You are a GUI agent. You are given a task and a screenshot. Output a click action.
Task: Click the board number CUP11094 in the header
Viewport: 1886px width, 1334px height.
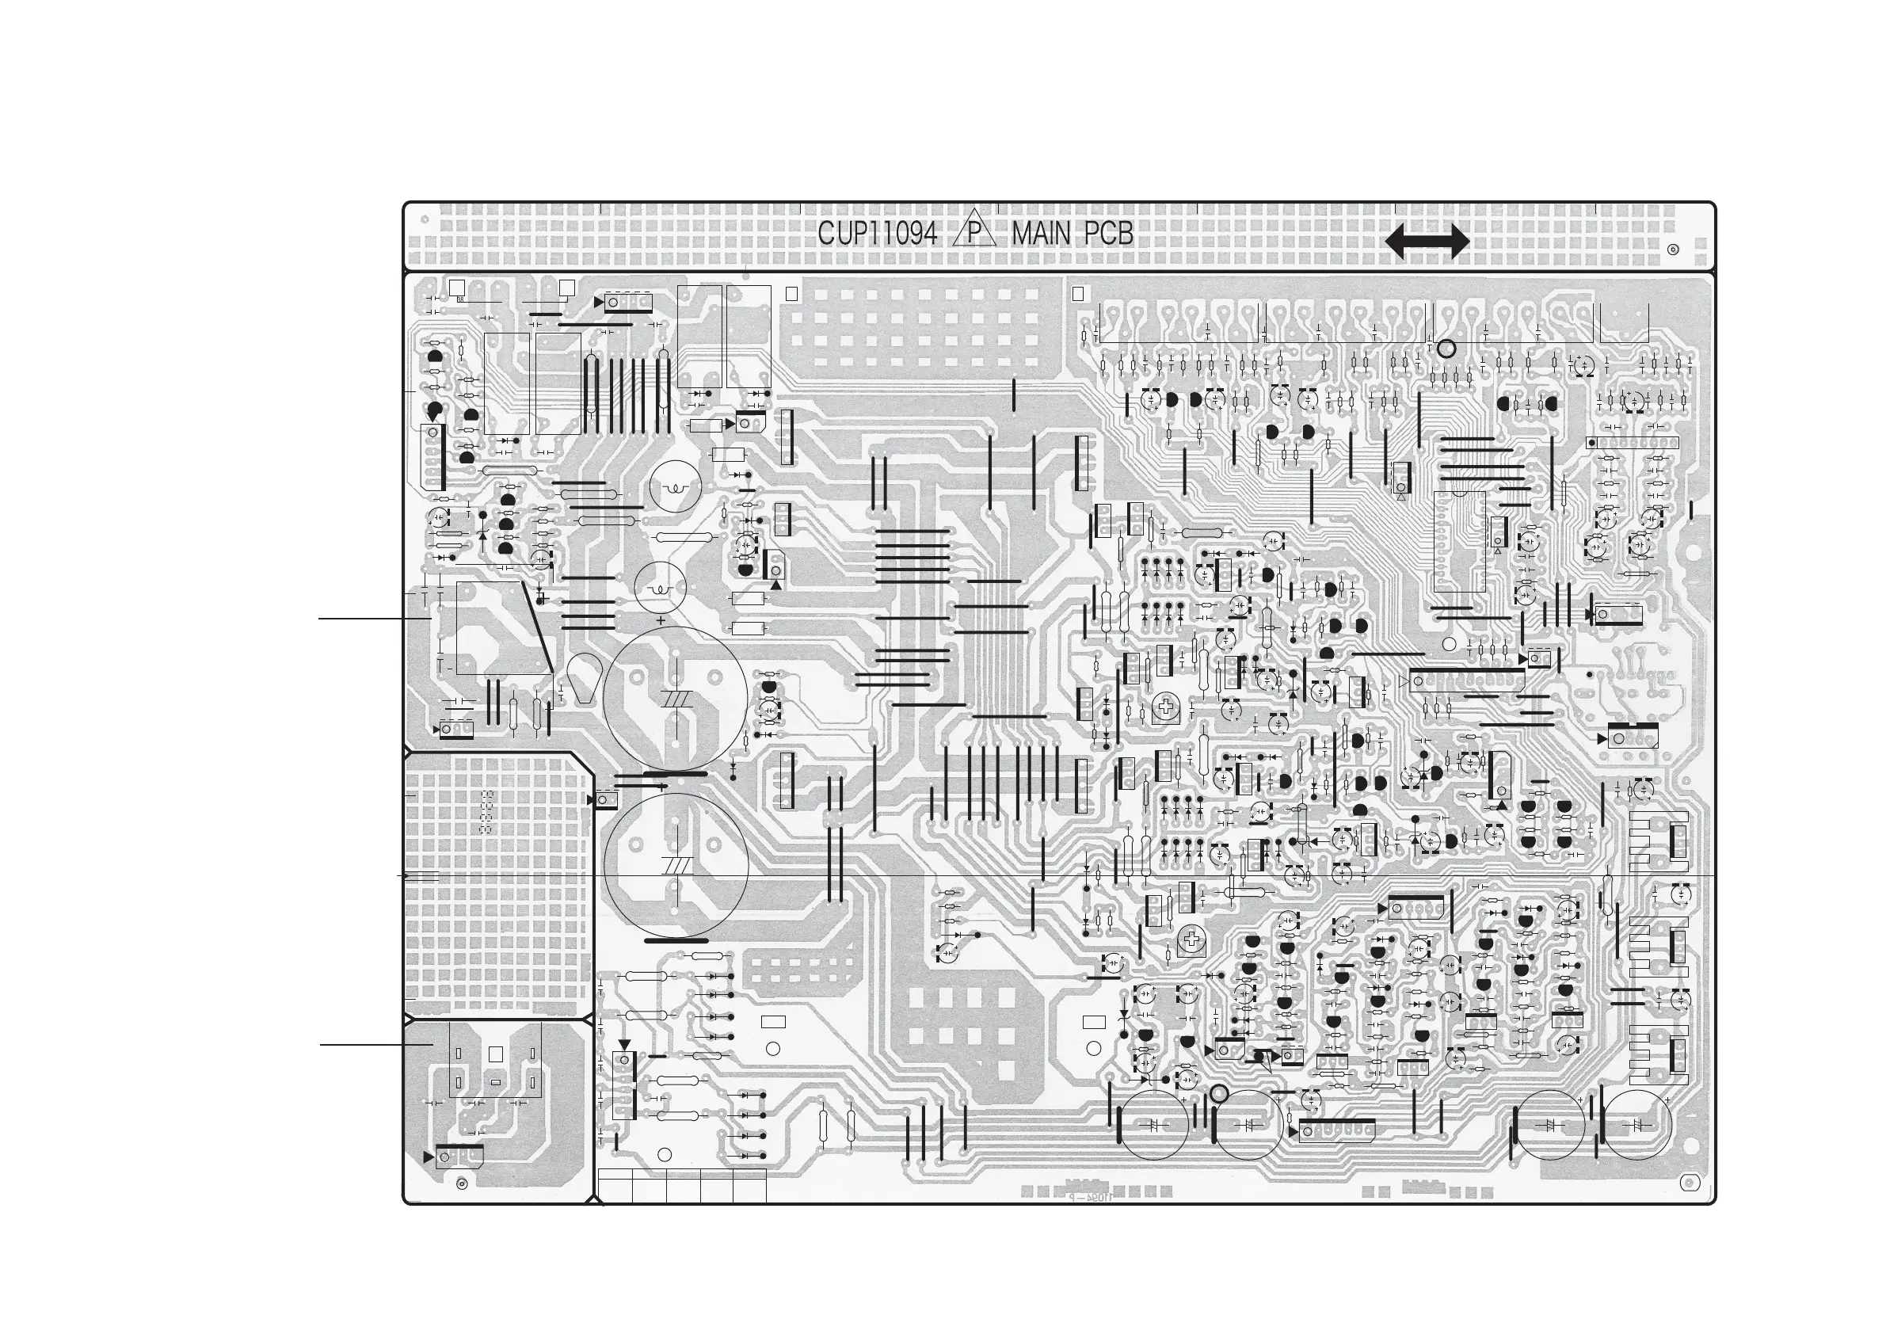pos(877,235)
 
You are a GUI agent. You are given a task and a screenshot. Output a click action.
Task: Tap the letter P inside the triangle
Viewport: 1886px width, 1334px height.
pos(973,235)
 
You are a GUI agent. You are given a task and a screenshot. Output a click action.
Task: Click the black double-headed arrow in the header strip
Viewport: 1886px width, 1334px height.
pos(1427,242)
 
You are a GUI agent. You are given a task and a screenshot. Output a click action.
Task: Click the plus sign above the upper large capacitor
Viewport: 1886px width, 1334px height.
pos(661,621)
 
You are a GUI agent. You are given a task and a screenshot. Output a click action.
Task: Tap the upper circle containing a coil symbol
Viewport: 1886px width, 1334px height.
pos(675,488)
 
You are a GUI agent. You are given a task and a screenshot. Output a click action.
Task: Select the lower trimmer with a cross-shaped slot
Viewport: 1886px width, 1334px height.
pos(1192,940)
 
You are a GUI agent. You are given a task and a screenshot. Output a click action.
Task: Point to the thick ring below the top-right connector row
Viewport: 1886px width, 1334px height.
pos(1446,349)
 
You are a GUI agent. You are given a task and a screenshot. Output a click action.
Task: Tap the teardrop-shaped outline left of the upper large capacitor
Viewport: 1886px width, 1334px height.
pos(584,679)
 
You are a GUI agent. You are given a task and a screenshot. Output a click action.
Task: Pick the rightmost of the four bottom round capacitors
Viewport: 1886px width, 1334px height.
pos(1637,1125)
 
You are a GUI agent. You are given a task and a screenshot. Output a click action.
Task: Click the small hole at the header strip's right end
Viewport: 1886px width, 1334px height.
pos(1673,250)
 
